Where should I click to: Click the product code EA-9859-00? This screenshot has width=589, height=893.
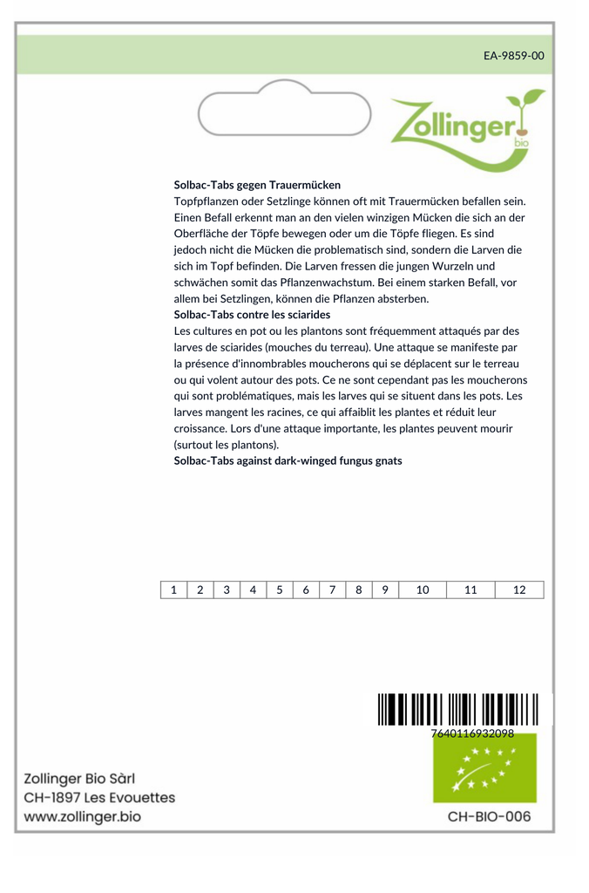point(513,56)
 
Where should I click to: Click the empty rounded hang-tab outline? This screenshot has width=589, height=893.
point(284,109)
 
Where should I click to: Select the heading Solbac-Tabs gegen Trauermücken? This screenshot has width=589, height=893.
point(257,185)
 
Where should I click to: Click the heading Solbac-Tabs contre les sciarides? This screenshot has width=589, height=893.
point(252,315)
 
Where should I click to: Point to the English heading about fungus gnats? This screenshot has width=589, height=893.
point(288,460)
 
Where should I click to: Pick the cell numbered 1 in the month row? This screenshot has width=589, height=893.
point(173,590)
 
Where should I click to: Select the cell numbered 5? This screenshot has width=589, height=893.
point(280,590)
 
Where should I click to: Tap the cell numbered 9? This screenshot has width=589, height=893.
point(385,590)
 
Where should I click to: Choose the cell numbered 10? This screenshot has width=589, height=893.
point(423,590)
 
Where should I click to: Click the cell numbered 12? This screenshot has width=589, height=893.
point(519,590)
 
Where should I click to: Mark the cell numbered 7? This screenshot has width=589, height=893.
point(332,590)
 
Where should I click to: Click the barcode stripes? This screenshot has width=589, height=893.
point(464,709)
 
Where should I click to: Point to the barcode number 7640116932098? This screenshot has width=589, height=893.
point(472,733)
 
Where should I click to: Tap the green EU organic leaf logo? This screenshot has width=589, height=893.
point(484,768)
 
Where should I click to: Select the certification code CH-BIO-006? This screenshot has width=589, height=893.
point(488,817)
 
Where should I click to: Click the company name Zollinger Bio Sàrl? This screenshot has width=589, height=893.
point(79,779)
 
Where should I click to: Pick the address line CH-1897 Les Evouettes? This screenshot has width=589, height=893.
point(99,798)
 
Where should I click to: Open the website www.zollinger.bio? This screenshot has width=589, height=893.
point(82,817)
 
